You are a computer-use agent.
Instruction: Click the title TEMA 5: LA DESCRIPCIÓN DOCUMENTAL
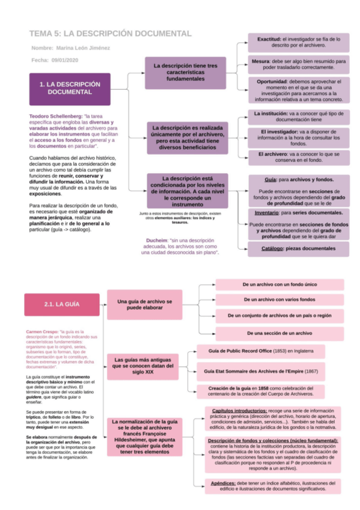coord(111,34)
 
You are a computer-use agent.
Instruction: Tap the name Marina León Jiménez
coord(84,48)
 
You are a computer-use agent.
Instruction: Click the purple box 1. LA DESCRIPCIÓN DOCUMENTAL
coord(70,88)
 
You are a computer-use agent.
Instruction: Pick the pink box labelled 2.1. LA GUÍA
coord(61,304)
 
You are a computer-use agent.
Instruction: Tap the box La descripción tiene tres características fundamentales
coord(185,73)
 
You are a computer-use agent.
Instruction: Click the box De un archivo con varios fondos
coord(279,299)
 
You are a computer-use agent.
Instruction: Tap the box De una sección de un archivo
coord(279,333)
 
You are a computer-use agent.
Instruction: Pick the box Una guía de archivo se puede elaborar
coord(144,304)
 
